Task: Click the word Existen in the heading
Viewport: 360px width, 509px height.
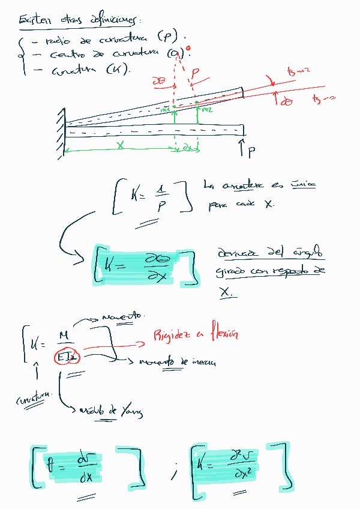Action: [32, 21]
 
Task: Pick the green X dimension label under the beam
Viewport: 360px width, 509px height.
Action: [120, 145]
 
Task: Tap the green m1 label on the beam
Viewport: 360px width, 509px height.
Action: [166, 109]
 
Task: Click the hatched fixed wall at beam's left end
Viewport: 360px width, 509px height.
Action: [61, 133]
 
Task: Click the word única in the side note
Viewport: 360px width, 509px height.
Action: [303, 185]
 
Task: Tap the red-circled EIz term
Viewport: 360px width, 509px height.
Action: [65, 358]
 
